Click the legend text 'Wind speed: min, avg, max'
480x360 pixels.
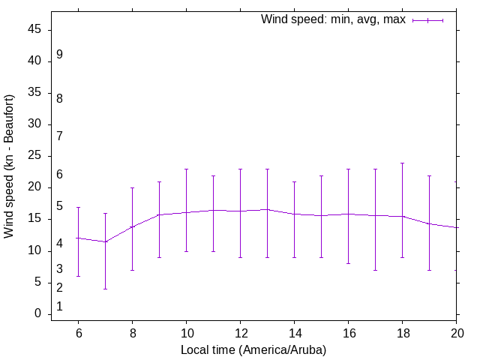pos(333,19)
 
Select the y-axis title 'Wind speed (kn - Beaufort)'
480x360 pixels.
pos(9,166)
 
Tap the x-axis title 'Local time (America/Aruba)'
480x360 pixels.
pos(253,350)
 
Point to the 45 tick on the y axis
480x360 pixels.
pos(37,30)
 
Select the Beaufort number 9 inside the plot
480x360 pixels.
pos(59,55)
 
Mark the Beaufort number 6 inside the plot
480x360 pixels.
pos(59,175)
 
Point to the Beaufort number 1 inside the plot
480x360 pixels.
pos(59,307)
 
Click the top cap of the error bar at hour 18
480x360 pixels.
pos(402,163)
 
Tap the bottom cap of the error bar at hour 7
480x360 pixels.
pos(105,289)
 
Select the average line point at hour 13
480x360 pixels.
pos(267,209)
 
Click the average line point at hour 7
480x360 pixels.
pos(105,241)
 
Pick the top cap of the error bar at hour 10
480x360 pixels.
pos(186,169)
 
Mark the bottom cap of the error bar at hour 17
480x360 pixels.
pos(375,270)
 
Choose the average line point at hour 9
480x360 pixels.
pos(159,214)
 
